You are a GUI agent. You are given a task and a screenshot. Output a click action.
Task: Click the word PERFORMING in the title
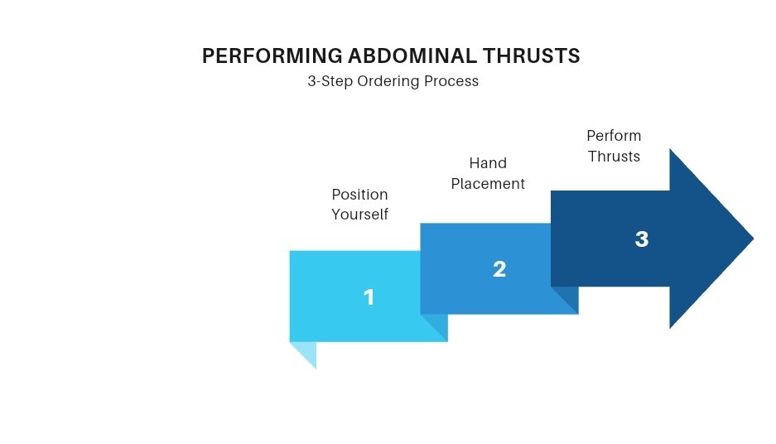point(272,56)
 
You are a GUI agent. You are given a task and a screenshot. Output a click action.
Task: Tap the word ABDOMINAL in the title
point(412,56)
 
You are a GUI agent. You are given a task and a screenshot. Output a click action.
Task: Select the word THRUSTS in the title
point(531,56)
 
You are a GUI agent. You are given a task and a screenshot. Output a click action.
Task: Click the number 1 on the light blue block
point(369,297)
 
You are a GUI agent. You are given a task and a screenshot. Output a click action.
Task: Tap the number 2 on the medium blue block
point(499,269)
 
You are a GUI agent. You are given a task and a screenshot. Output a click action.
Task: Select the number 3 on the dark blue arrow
point(641,239)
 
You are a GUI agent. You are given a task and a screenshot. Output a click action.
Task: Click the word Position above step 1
point(359,195)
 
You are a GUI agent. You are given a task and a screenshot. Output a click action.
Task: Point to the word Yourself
point(359,215)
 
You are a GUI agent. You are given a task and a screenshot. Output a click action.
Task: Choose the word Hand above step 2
point(488,163)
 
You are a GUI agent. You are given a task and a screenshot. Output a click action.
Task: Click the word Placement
point(488,184)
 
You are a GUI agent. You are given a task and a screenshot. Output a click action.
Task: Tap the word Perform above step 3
point(614,136)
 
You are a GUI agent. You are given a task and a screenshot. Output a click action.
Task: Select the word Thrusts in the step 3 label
point(614,157)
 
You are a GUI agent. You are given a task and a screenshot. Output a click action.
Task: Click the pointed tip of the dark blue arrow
point(754,239)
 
